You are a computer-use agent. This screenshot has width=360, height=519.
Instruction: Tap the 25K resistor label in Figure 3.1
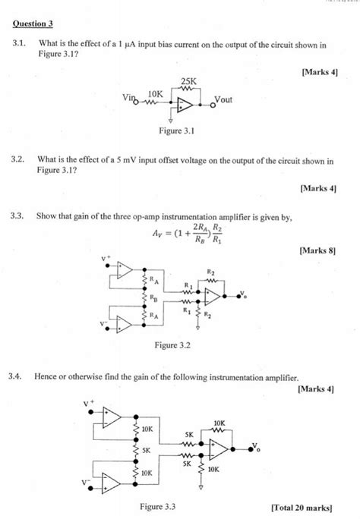pyautogui.click(x=188, y=81)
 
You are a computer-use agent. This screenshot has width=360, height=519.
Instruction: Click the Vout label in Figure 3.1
pyautogui.click(x=226, y=99)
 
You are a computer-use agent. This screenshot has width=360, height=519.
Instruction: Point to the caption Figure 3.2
pyautogui.click(x=172, y=345)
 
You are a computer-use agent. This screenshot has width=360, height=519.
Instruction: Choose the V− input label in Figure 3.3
pyautogui.click(x=87, y=481)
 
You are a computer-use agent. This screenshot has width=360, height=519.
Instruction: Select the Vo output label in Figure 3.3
pyautogui.click(x=255, y=445)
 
